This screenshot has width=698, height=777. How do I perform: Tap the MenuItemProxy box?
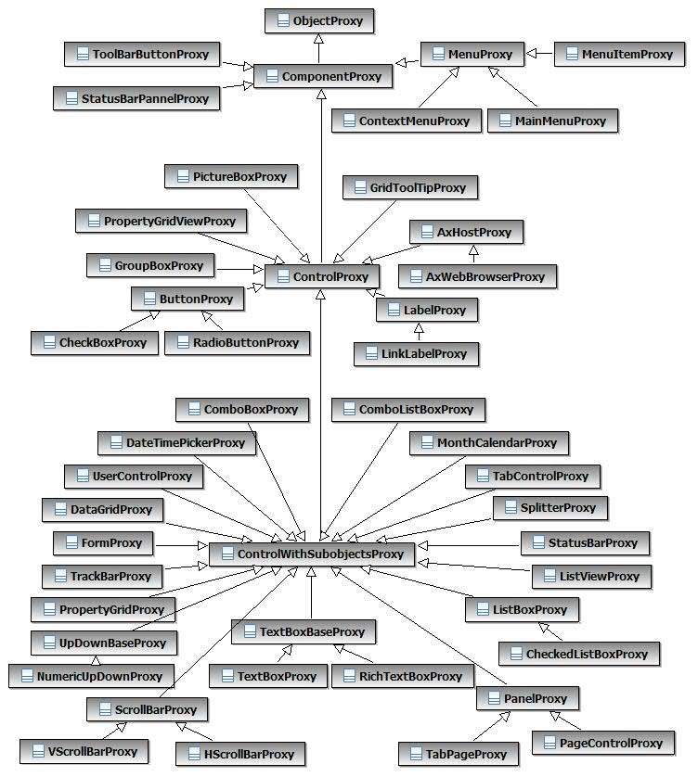(x=618, y=54)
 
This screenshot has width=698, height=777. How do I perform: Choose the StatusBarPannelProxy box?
(x=136, y=97)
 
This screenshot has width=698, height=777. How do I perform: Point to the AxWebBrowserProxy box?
(x=476, y=275)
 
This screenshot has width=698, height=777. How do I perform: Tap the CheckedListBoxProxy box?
(x=578, y=654)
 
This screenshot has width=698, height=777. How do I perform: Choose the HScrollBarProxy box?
(x=240, y=754)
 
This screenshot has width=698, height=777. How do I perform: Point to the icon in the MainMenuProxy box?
(x=504, y=121)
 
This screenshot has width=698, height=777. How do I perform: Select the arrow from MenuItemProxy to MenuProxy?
(x=540, y=54)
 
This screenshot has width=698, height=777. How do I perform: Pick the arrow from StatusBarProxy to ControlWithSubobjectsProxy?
(x=464, y=545)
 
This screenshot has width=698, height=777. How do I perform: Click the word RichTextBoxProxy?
(x=409, y=677)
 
